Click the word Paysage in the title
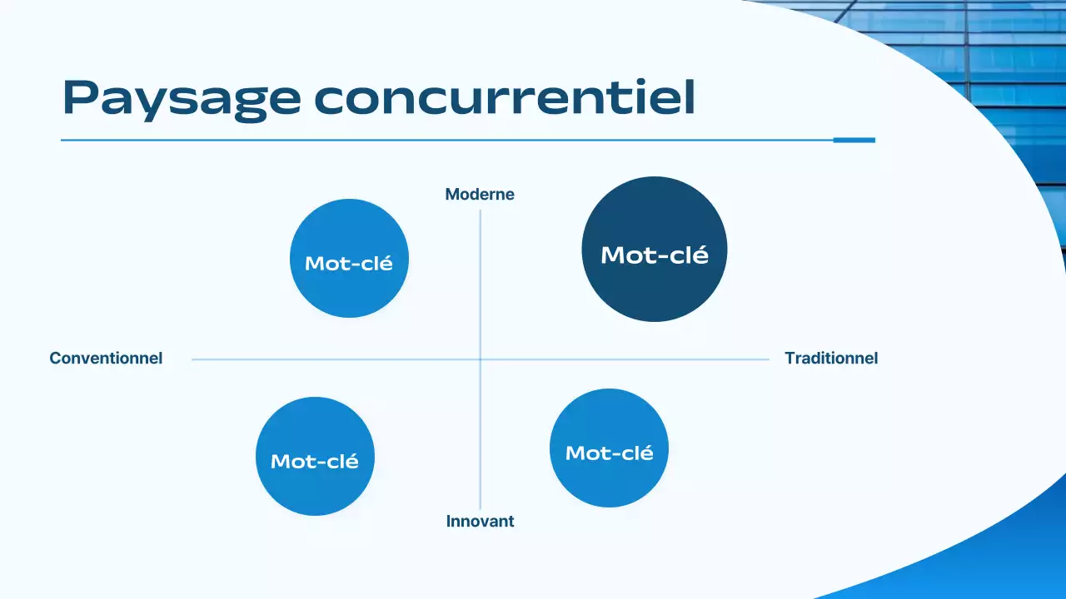click(x=182, y=99)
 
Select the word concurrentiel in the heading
click(x=505, y=99)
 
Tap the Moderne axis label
click(x=480, y=195)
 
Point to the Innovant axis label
click(x=480, y=522)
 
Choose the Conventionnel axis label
click(x=106, y=359)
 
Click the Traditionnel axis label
click(x=831, y=359)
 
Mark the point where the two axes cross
click(x=481, y=359)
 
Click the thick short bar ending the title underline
click(x=854, y=140)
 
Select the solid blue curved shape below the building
click(x=999, y=549)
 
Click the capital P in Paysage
click(x=79, y=98)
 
